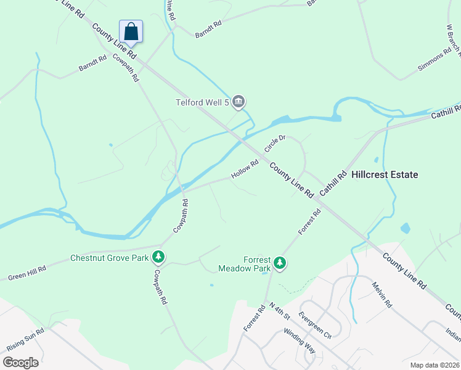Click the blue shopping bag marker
click(131, 31)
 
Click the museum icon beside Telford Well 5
click(239, 101)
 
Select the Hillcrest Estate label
click(385, 175)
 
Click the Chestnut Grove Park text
click(109, 258)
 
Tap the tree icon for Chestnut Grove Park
click(159, 256)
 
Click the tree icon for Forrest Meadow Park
click(280, 263)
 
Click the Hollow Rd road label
click(245, 170)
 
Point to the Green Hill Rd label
click(28, 273)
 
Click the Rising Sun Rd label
click(25, 339)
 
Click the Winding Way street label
click(299, 340)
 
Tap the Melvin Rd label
click(381, 295)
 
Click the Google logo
click(20, 362)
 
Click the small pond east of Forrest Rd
click(405, 228)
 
